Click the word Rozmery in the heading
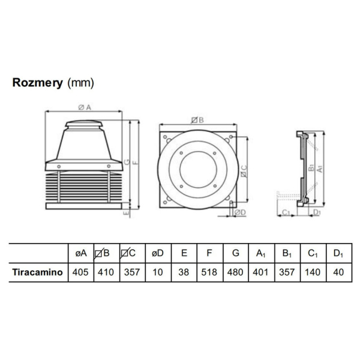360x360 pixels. coord(38,83)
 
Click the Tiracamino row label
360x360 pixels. coord(38,271)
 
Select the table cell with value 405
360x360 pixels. coord(80,271)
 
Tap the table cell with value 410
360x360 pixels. coord(105,271)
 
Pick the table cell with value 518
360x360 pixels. coord(209,271)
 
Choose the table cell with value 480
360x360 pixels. coord(235,271)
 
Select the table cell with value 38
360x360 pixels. coord(183,271)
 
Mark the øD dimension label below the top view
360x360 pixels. coord(239,212)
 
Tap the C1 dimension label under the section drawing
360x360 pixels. coord(286,212)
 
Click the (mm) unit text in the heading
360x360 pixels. coord(81,83)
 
